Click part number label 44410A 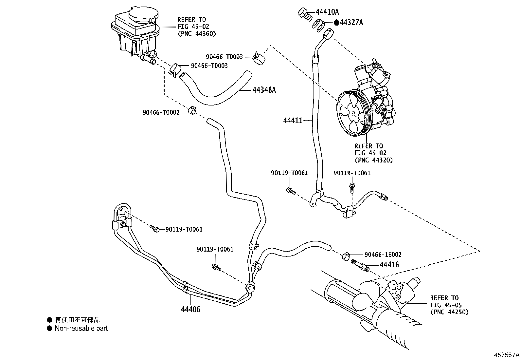[x=327, y=12]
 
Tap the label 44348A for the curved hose [x=264, y=89]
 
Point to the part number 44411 [x=293, y=120]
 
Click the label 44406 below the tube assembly [x=190, y=309]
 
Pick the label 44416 [x=389, y=264]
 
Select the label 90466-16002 [x=383, y=255]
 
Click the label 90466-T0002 [x=161, y=112]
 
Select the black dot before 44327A [x=336, y=22]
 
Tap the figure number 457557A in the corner [x=507, y=355]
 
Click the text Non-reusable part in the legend [x=81, y=328]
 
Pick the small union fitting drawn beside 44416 [x=360, y=265]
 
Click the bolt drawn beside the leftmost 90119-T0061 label [x=155, y=228]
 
